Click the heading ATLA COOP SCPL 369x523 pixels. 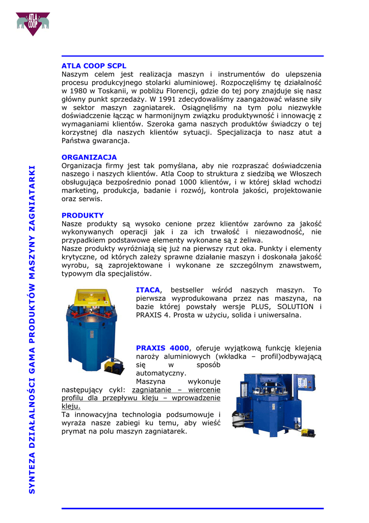(94, 66)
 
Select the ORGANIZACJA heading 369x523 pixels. (89, 157)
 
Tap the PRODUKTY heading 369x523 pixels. (83, 216)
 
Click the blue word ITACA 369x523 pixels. (148, 290)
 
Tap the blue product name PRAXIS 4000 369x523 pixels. (163, 348)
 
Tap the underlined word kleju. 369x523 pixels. (71, 406)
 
